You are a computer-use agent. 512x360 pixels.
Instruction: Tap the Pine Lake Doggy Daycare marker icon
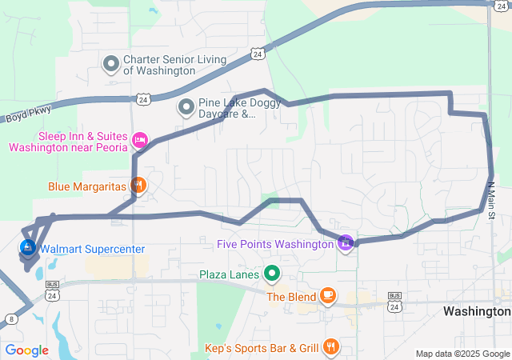pyautogui.click(x=186, y=105)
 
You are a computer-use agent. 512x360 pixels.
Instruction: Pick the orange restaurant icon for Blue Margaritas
pyautogui.click(x=138, y=186)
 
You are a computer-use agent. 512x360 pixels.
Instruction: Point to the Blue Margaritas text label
pyautogui.click(x=87, y=186)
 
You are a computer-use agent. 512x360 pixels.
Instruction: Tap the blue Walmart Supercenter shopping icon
pyautogui.click(x=28, y=249)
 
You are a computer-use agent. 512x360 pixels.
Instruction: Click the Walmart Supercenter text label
pyautogui.click(x=92, y=249)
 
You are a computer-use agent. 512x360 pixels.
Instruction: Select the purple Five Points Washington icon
pyautogui.click(x=346, y=242)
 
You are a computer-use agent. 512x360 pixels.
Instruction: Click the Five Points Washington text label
pyautogui.click(x=276, y=244)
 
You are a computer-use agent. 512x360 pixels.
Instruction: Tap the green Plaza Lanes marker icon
pyautogui.click(x=271, y=274)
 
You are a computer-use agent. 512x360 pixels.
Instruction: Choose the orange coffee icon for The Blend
pyautogui.click(x=327, y=296)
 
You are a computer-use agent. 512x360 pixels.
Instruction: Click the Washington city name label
pyautogui.click(x=476, y=310)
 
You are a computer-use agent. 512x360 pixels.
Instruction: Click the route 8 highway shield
pyautogui.click(x=11, y=319)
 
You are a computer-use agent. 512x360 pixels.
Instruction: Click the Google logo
pyautogui.click(x=26, y=350)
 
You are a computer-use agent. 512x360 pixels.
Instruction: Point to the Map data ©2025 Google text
pyautogui.click(x=462, y=354)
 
